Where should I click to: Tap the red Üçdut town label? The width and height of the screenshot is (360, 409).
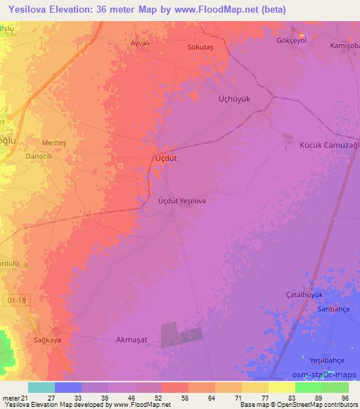(x=165, y=159)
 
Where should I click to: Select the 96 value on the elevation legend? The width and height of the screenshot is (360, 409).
(x=345, y=398)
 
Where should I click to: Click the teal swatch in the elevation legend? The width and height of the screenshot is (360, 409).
(x=41, y=387)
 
